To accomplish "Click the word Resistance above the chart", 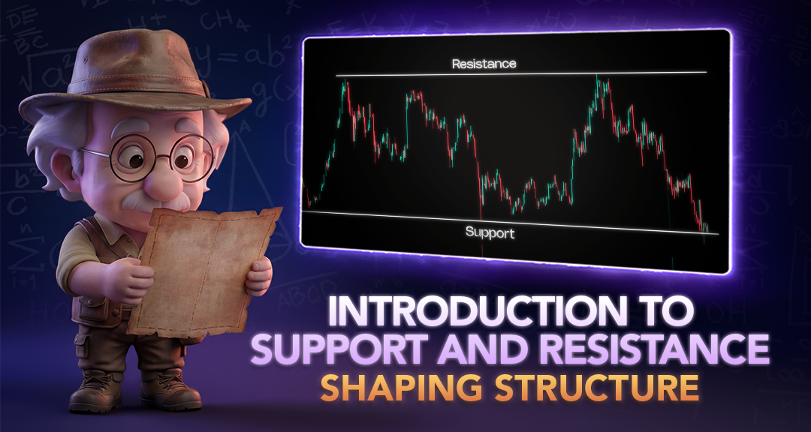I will tap(484, 64).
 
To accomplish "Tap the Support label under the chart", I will tap(490, 232).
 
